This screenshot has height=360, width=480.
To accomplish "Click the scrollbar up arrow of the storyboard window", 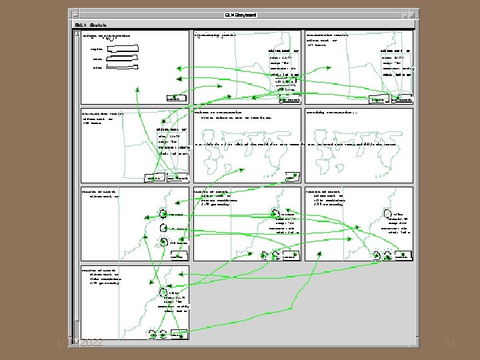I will (x=77, y=33).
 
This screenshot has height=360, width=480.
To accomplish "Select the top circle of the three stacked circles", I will (x=163, y=214).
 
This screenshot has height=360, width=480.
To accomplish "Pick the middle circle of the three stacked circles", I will (x=163, y=227).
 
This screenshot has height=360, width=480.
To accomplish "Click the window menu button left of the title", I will (x=73, y=13).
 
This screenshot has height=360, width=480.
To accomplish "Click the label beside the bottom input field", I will (x=97, y=67).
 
